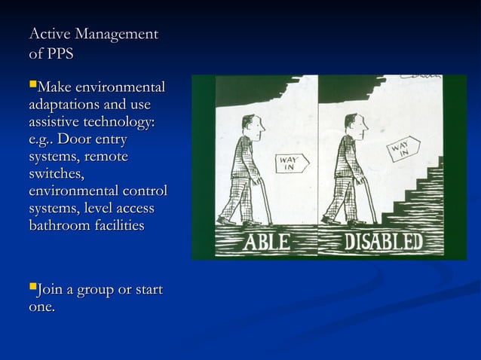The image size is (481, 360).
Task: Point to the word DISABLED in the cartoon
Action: point(384,243)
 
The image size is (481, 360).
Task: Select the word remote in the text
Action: point(106,157)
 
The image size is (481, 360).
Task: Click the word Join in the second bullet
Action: point(51,290)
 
